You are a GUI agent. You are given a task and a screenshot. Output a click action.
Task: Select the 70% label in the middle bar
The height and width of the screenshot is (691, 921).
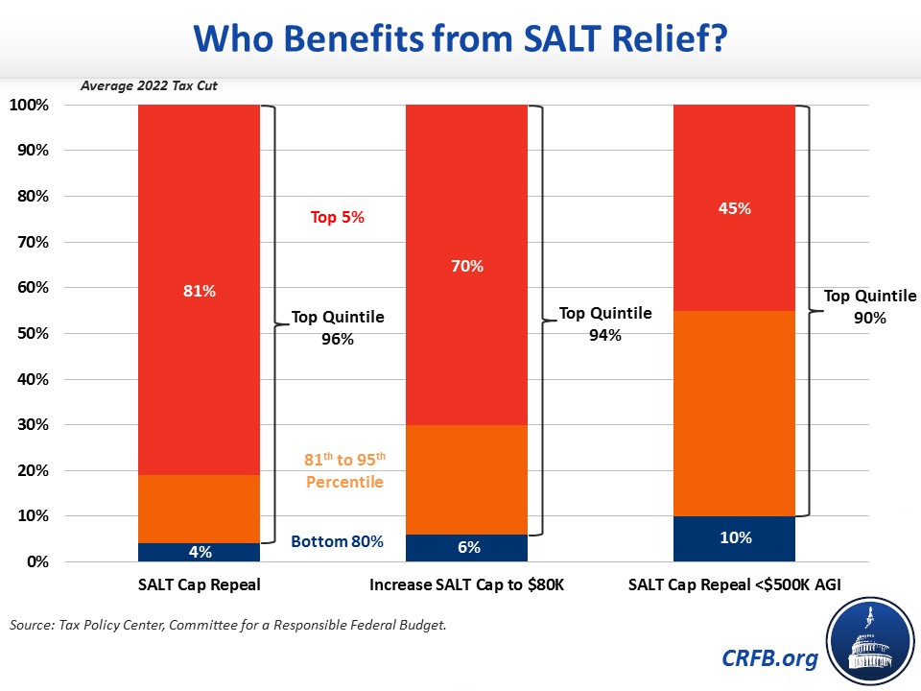[468, 266]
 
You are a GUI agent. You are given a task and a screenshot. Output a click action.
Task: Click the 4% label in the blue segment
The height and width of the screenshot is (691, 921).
[200, 551]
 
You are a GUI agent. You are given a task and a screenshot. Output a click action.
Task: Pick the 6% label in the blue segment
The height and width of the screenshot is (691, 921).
[468, 547]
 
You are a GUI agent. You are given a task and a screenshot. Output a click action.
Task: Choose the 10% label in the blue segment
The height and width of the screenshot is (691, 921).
[736, 537]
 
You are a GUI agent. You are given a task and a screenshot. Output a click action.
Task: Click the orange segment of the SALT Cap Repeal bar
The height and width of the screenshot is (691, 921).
[200, 509]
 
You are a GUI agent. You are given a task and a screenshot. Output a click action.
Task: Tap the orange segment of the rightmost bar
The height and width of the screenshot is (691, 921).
[736, 413]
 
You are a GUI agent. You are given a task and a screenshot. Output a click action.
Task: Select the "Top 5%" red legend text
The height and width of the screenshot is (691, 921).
[337, 218]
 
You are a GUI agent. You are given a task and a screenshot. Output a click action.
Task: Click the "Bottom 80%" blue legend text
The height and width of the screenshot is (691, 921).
[337, 542]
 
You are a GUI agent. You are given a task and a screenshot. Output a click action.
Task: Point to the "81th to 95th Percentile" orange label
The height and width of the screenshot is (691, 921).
[344, 470]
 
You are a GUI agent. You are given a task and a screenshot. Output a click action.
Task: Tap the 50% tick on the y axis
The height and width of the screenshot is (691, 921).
[32, 334]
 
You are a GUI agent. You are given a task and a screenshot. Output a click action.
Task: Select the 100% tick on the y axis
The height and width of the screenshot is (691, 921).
[29, 105]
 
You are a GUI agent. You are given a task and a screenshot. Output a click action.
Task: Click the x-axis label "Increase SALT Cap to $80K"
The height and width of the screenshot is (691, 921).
[467, 584]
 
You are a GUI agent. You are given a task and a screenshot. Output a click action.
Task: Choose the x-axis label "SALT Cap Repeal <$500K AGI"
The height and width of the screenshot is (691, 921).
[735, 584]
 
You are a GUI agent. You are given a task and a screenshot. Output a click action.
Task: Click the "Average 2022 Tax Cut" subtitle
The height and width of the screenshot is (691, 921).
[148, 85]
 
